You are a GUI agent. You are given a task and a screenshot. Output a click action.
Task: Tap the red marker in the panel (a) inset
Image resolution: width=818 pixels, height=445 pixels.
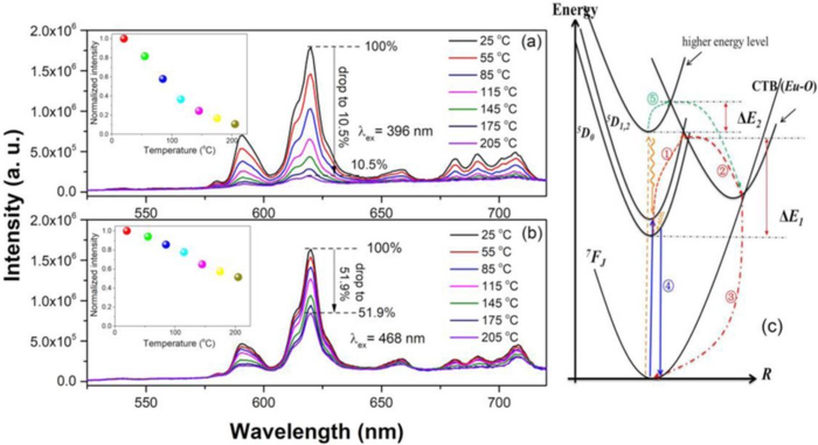point(124,39)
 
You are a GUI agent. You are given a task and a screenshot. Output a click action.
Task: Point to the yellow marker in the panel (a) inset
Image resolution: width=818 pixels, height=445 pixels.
point(217,118)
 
